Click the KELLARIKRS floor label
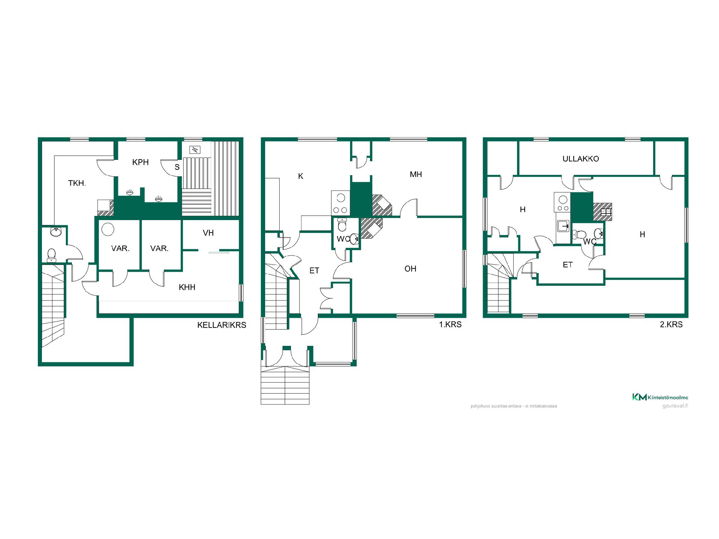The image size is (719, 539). coord(222,325)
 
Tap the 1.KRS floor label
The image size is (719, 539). coord(450,325)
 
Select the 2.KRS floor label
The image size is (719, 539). coord(671,325)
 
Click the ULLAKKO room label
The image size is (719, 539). coord(580,159)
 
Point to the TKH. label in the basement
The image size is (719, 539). coord(77,183)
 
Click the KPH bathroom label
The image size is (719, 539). coord(140,162)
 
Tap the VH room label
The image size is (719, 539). coord(208,233)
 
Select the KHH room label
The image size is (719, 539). coord(187,287)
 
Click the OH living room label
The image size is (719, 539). coord(410,268)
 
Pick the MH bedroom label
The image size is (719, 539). coord(416,174)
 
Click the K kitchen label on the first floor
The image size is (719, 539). coord(300,176)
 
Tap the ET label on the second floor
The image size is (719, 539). coord(568,265)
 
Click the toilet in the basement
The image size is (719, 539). coord(52,255)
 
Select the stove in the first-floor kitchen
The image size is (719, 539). coord(340,203)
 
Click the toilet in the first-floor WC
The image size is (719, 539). coord(342,225)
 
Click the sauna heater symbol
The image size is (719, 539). coord(195,150)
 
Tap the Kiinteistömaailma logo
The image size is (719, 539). coord(660,397)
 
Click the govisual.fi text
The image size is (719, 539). coord(675,406)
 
